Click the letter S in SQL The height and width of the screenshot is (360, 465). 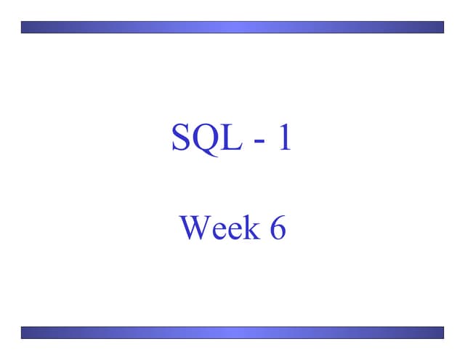[182, 137]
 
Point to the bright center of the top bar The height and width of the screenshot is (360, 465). [232, 27]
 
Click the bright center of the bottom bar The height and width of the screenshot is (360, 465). [232, 332]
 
